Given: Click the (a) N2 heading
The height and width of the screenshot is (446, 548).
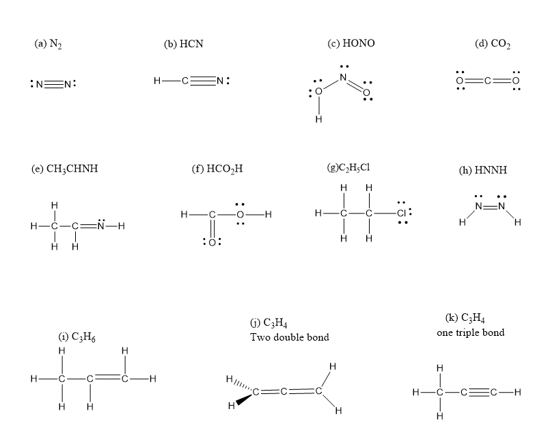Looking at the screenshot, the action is click(x=49, y=44).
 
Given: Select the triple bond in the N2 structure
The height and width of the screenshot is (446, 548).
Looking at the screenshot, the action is click(x=53, y=84).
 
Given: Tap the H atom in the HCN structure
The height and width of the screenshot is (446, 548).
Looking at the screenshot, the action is click(x=157, y=81).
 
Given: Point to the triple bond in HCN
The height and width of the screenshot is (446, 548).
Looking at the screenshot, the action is click(x=202, y=81).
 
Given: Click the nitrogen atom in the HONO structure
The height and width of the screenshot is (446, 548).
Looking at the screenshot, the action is click(x=343, y=77).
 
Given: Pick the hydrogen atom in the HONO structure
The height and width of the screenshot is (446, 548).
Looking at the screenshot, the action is click(x=318, y=119).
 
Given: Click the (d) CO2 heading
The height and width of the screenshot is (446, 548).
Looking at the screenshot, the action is click(x=493, y=44).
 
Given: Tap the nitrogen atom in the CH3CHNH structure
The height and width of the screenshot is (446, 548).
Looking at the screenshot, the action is click(x=101, y=226).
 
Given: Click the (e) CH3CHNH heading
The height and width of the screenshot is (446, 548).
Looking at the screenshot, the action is click(x=65, y=169).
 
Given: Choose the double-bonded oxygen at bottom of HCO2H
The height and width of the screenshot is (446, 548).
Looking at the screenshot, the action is click(x=212, y=242).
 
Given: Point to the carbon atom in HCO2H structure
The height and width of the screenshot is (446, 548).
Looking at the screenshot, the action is click(x=212, y=214).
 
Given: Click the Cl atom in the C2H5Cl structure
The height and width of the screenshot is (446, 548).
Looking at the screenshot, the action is click(x=401, y=213).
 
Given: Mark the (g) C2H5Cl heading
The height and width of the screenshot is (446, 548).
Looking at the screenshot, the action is click(x=348, y=168).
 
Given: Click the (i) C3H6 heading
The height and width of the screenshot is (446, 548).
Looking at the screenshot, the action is click(x=77, y=337).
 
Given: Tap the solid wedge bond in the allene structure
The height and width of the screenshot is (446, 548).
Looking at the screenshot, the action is click(x=244, y=399).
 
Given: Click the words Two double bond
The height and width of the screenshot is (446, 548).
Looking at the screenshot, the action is click(x=290, y=337).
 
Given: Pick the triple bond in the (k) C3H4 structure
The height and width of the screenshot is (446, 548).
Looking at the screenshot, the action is click(x=479, y=392).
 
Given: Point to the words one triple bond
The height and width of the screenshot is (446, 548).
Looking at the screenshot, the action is click(x=470, y=332).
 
